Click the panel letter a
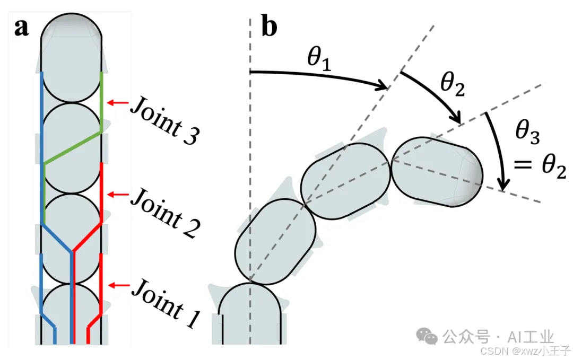point(21,28)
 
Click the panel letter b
point(270,28)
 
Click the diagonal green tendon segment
point(72,147)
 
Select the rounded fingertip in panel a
point(72,29)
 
